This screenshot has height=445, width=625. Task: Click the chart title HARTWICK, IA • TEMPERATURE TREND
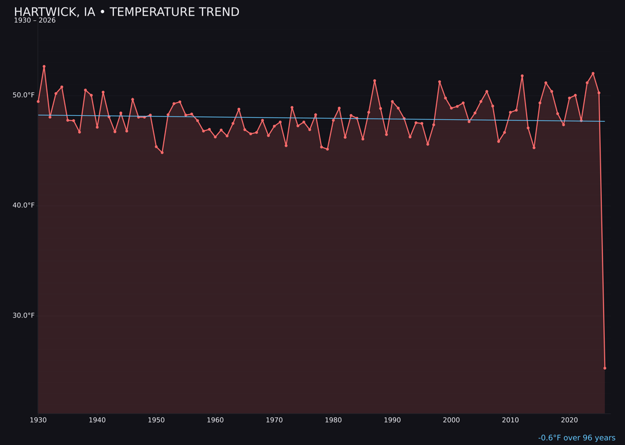126,12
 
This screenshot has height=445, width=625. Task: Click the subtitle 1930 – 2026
35,21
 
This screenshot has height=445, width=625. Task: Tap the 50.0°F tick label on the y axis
24,95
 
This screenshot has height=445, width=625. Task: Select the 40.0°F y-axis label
24,205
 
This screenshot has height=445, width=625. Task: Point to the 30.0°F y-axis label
24,315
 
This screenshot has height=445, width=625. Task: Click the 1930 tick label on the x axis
38,420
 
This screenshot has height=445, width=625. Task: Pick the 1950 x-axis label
156,420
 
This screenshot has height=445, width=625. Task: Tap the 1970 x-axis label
274,420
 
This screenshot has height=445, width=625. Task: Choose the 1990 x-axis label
392,420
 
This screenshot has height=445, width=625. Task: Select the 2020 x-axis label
569,420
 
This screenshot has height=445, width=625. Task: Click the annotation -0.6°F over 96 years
576,438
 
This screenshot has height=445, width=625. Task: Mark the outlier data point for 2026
605,368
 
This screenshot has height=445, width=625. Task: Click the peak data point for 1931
44,67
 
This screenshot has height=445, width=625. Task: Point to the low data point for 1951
162,152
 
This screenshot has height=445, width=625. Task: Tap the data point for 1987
374,81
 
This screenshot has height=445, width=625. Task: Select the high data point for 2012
522,76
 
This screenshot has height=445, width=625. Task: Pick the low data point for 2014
534,148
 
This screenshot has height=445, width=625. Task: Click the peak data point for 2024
593,74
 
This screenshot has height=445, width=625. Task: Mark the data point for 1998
439,82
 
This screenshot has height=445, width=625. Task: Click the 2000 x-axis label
451,420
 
